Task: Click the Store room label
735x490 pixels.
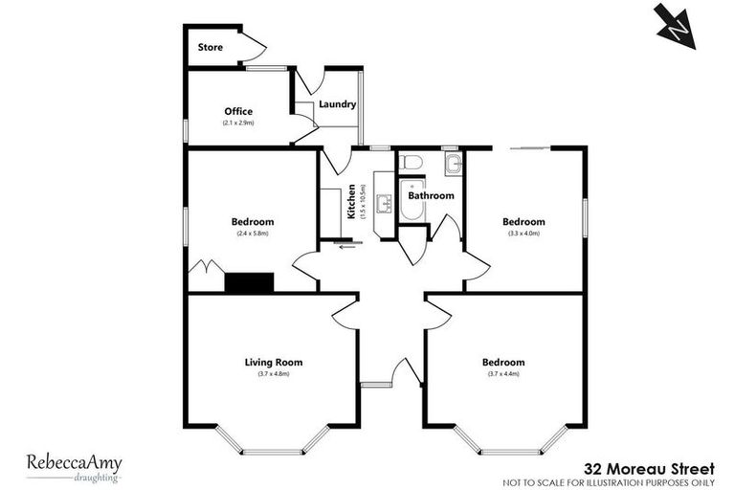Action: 210,47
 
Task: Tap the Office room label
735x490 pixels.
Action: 238,112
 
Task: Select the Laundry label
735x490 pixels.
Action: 338,105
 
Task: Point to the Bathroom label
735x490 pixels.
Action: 431,195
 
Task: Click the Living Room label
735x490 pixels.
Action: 274,362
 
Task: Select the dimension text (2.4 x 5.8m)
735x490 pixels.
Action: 253,234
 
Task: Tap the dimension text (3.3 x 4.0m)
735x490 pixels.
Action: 523,233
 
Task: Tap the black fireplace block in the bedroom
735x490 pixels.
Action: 249,281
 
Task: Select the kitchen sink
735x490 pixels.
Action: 384,204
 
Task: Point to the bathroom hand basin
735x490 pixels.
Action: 453,166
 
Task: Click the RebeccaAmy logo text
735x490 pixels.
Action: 74,459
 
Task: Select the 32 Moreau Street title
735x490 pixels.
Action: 649,468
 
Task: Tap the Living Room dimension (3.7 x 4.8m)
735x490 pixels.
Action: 274,374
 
